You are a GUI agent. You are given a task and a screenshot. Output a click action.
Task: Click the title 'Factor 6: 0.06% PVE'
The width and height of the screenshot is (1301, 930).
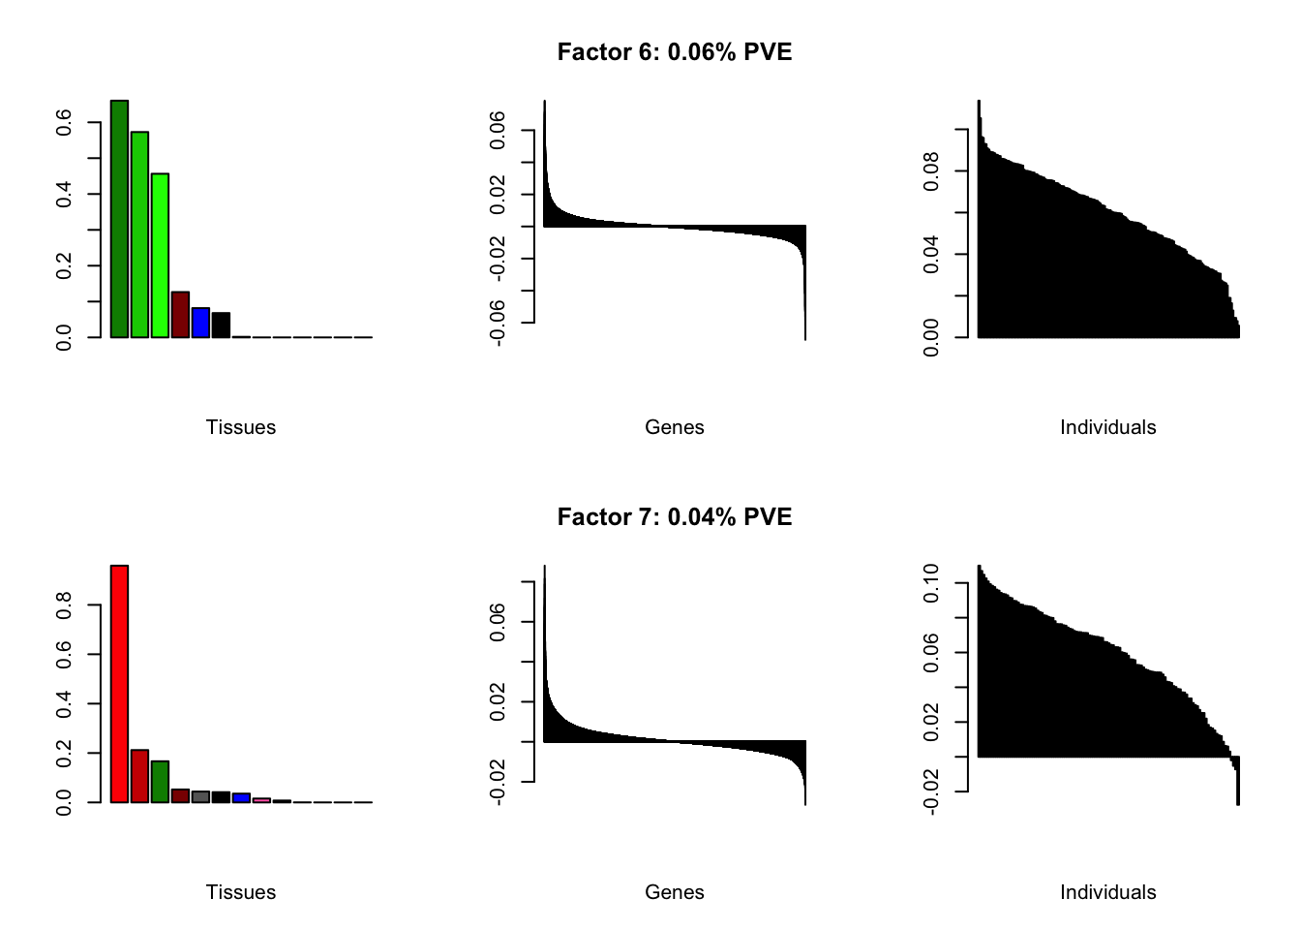pos(675,52)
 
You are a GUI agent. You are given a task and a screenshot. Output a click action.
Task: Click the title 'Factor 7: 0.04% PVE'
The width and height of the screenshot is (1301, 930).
pos(675,517)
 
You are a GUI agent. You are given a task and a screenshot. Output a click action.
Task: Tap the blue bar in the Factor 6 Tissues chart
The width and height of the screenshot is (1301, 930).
pos(200,323)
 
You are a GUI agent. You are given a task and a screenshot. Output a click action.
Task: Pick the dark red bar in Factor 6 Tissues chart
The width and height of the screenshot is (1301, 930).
pos(180,315)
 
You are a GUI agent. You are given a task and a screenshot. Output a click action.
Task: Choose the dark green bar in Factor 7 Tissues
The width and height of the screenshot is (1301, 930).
pos(160,782)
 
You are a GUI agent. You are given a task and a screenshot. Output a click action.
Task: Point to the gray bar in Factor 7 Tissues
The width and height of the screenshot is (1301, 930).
pos(200,797)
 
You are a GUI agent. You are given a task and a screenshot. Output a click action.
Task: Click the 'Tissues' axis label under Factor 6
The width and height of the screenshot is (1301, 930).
pos(241,427)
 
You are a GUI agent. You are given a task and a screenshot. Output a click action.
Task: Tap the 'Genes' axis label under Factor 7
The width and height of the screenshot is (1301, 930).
pos(675,892)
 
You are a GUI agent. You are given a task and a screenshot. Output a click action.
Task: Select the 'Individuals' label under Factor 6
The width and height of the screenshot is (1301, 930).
pos(1107,427)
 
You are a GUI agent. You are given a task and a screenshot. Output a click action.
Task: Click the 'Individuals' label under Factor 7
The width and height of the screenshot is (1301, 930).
pos(1107,892)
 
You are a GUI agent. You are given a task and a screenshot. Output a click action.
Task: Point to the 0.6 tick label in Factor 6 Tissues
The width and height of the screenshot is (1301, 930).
pos(64,123)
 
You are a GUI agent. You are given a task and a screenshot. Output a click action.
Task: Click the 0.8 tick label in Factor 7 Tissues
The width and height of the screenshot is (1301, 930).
pos(64,606)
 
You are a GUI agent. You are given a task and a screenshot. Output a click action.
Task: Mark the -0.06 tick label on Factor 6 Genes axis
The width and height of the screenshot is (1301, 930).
pos(497,323)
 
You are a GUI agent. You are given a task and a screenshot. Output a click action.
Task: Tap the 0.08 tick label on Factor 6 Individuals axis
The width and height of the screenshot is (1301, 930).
pos(931,171)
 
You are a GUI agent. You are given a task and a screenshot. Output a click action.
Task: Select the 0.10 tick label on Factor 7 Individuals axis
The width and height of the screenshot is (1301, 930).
pos(931,583)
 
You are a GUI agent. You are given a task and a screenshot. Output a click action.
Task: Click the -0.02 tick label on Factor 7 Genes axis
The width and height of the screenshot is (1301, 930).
pos(497,782)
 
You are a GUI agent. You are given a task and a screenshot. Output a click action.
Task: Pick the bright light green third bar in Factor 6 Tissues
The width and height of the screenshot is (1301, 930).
pos(160,256)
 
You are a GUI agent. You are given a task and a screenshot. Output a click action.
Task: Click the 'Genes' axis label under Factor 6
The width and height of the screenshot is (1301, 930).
pos(675,427)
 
